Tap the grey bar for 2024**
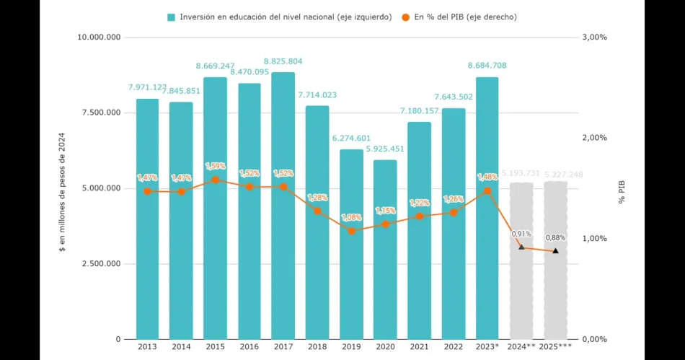(x=521, y=260)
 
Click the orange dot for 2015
(x=216, y=180)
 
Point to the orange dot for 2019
(x=351, y=231)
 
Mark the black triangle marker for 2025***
(x=555, y=251)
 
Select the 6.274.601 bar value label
(x=351, y=139)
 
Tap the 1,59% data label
(x=216, y=166)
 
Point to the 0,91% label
(x=521, y=234)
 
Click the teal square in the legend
(x=171, y=17)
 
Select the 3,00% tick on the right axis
(x=595, y=38)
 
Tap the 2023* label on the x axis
(x=487, y=347)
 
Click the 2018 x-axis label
(x=317, y=347)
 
